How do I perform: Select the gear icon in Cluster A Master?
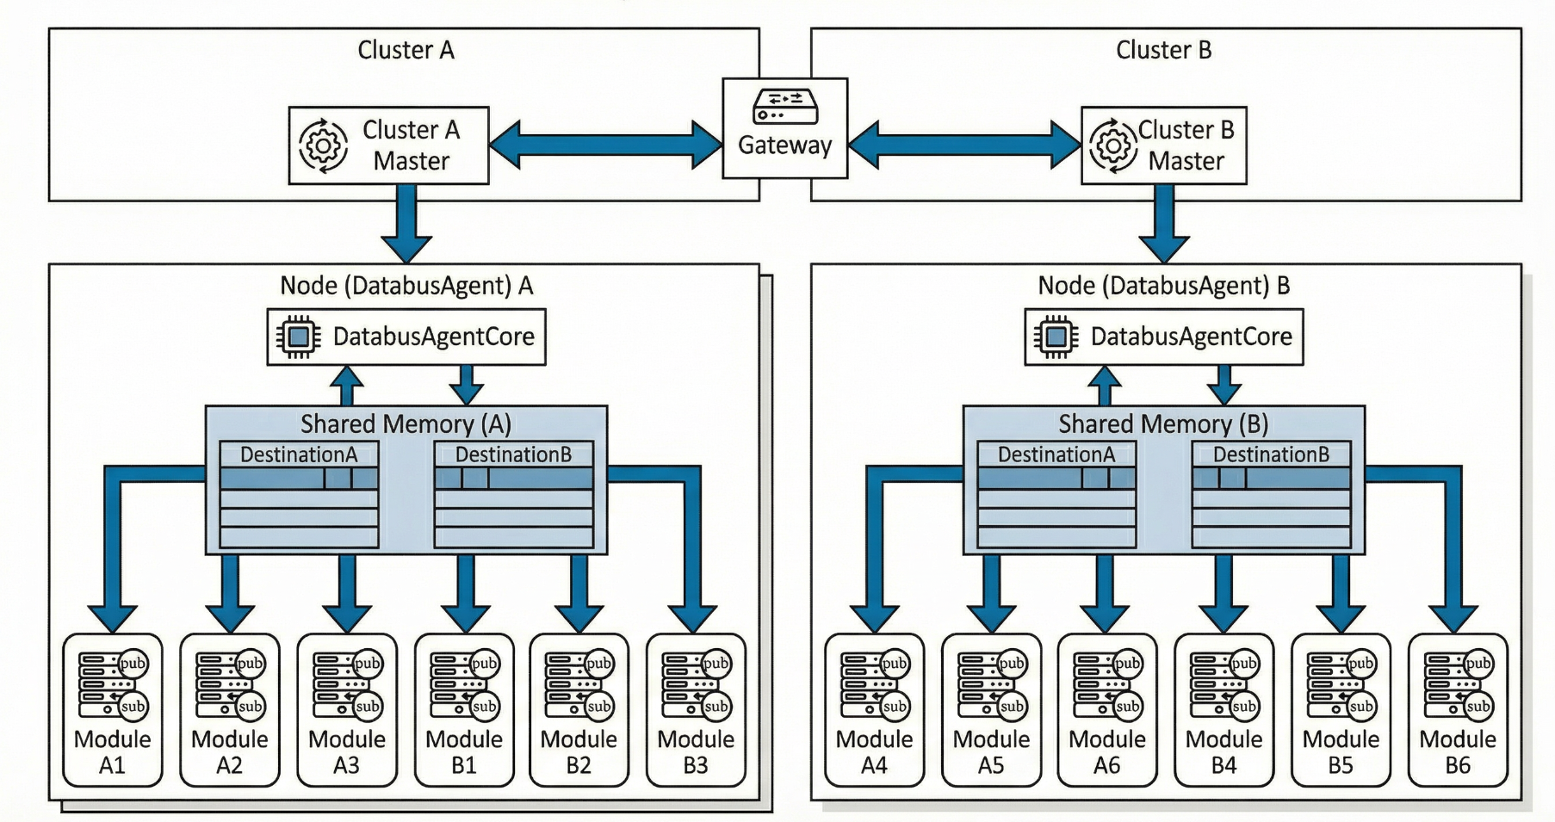(324, 145)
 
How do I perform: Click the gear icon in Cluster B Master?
(1113, 145)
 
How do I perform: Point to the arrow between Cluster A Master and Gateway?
(605, 145)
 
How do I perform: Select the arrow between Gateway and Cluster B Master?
(964, 145)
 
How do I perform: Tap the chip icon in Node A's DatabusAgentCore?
(298, 337)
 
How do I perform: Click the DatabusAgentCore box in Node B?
(1163, 337)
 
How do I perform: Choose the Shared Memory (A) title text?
(406, 423)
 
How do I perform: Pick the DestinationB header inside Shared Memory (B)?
(1271, 454)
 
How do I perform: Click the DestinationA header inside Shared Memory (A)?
(298, 454)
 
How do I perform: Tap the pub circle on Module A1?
(133, 664)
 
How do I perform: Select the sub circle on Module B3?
(716, 707)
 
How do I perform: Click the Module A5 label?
(991, 752)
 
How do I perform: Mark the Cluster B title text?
(1163, 50)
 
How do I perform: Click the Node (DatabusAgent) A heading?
(406, 286)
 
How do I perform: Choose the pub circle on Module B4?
(1243, 664)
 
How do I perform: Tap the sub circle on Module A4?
(895, 707)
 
